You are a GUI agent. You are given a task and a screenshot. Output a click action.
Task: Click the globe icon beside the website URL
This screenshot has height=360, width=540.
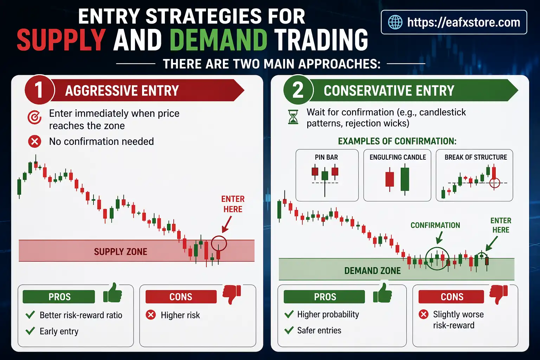pyautogui.click(x=395, y=22)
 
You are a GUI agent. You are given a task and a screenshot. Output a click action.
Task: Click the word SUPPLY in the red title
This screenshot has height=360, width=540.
pyautogui.click(x=61, y=40)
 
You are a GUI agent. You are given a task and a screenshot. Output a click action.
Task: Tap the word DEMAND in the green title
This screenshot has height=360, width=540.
pyautogui.click(x=219, y=40)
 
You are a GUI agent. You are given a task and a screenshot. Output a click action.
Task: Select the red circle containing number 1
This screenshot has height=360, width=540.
pyautogui.click(x=39, y=90)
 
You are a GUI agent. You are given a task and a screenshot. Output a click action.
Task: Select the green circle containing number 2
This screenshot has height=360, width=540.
pyautogui.click(x=298, y=90)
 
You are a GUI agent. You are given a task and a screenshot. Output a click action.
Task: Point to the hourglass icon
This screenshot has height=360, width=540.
pyautogui.click(x=293, y=117)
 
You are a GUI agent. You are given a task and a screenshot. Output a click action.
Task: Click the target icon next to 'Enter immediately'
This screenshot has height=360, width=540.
pyautogui.click(x=34, y=117)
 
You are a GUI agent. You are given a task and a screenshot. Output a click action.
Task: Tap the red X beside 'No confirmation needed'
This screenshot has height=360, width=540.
pyautogui.click(x=34, y=142)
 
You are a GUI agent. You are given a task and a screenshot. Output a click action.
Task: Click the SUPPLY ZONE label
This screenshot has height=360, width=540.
pyautogui.click(x=121, y=252)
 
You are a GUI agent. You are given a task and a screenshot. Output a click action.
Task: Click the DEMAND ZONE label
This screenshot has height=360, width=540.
pyautogui.click(x=372, y=271)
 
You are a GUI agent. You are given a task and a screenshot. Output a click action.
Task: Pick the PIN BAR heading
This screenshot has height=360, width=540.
pyautogui.click(x=326, y=157)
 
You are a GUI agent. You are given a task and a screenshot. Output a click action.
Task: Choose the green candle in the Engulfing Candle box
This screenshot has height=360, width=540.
pyautogui.click(x=405, y=179)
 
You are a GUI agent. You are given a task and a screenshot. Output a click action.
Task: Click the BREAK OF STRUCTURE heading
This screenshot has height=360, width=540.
pyautogui.click(x=476, y=157)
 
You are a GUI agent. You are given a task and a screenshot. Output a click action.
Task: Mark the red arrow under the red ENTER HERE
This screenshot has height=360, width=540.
pyautogui.click(x=227, y=224)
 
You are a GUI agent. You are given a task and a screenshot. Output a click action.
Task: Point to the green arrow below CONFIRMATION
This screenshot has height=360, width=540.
pyautogui.click(x=439, y=238)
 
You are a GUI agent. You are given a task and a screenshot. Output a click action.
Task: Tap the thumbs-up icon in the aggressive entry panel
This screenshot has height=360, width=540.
pyautogui.click(x=113, y=293)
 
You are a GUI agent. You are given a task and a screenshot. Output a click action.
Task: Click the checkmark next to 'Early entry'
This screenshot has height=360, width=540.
pyautogui.click(x=31, y=331)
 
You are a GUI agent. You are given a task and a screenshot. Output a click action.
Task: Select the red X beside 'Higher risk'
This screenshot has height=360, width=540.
pyautogui.click(x=151, y=315)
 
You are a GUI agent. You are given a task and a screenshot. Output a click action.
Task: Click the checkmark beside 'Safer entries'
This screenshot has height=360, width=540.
pyautogui.click(x=289, y=330)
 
